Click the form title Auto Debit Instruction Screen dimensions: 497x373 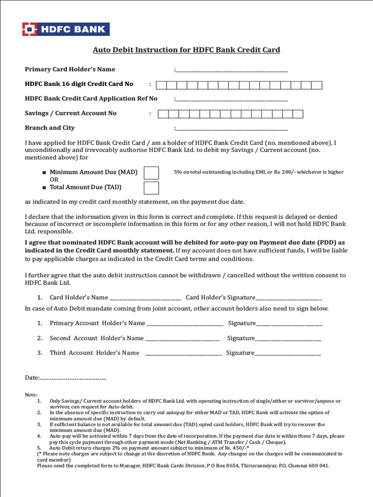pos(186,50)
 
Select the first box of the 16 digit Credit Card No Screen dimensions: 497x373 pos(161,85)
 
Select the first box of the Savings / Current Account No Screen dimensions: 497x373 pos(164,114)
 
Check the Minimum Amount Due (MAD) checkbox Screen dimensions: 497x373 pos(151,173)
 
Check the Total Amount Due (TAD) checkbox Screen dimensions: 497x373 pos(151,187)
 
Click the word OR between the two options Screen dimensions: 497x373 pos(54,180)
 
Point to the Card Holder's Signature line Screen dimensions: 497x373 pos(288,298)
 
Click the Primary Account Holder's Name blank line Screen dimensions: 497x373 pos(185,324)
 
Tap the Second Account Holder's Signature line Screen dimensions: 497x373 pos(288,339)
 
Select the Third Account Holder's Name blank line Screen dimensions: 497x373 pos(184,354)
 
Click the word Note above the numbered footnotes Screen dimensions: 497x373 pos(31,395)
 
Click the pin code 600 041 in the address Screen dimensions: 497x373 pos(318,465)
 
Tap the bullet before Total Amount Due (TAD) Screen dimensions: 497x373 pos(44,187)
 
